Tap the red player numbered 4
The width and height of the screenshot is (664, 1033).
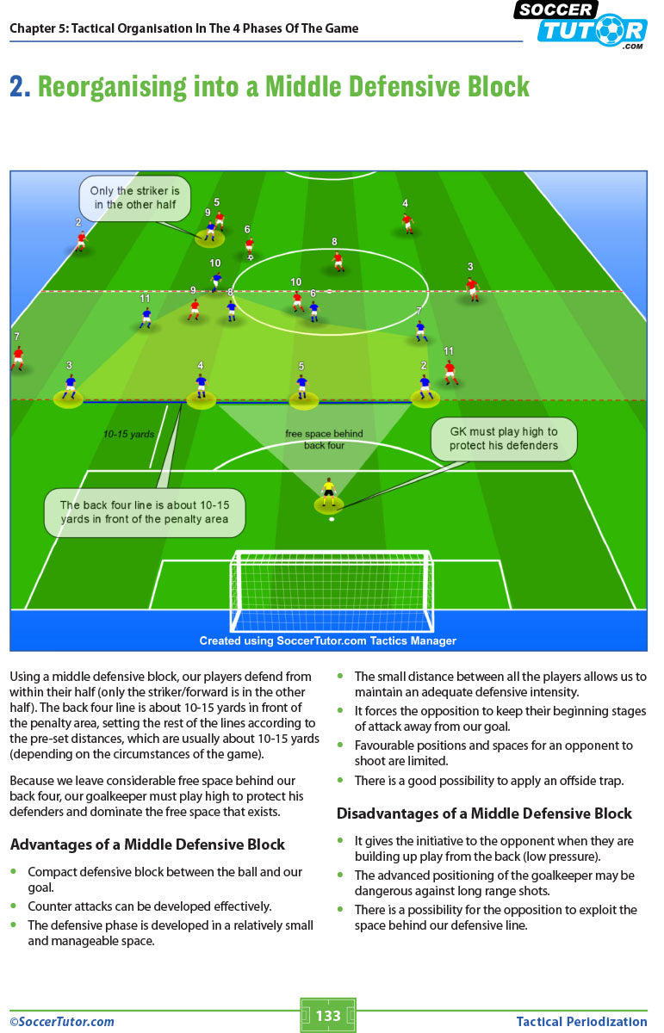(x=407, y=222)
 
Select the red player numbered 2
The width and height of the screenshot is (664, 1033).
(x=81, y=240)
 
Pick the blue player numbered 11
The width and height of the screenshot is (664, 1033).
(x=146, y=318)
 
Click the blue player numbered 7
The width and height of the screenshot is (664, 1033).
(x=420, y=331)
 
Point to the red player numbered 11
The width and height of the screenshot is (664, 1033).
(x=450, y=372)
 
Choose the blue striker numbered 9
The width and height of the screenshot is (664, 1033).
(x=210, y=229)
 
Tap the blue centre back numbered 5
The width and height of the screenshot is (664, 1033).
(x=301, y=387)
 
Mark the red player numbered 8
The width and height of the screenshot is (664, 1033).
(x=338, y=260)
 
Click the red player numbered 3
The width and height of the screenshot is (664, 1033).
(x=471, y=287)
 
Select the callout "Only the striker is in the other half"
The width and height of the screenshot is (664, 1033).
(x=134, y=198)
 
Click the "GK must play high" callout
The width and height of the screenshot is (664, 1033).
(x=503, y=439)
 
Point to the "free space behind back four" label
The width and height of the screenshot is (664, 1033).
(x=324, y=439)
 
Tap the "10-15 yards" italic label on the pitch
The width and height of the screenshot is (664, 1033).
(x=128, y=435)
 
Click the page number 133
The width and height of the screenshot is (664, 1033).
(x=328, y=1016)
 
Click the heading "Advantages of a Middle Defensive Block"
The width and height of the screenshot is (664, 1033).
(x=147, y=844)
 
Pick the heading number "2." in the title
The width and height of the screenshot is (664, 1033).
(x=21, y=87)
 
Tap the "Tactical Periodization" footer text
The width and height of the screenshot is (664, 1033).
(x=581, y=1022)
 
